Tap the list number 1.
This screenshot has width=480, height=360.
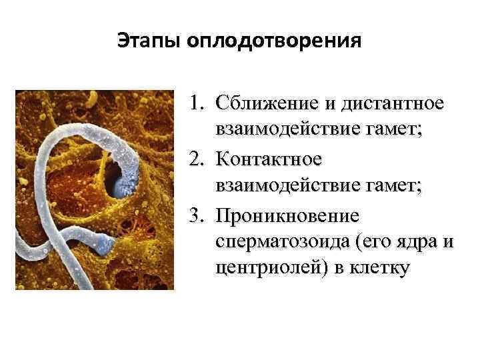194,105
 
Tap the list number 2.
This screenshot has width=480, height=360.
194,161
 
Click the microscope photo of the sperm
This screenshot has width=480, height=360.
94,189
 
